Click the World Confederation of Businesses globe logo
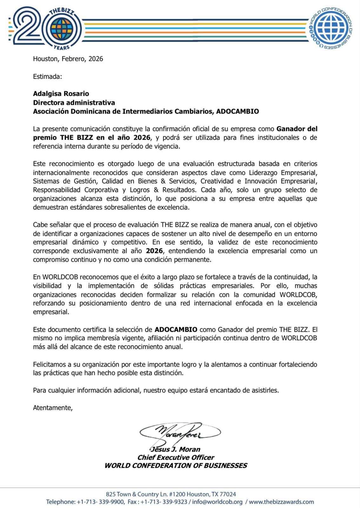[330, 28]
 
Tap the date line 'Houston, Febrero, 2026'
[68, 59]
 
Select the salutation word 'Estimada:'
[47, 77]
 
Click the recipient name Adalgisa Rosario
[61, 94]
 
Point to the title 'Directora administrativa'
[74, 103]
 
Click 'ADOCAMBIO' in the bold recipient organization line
[237, 111]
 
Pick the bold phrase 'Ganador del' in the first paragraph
[297, 129]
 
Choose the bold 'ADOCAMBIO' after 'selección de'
[176, 330]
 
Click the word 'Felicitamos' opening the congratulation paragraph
[50, 364]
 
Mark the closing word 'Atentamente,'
[53, 408]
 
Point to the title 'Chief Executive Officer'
[176, 458]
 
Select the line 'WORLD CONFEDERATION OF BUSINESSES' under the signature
[176, 466]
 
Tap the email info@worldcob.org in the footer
[217, 502]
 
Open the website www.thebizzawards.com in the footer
[281, 502]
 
